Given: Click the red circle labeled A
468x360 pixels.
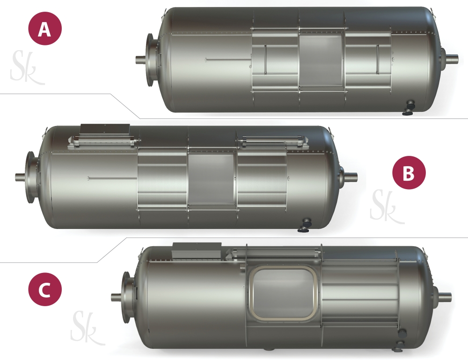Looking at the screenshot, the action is [x=45, y=29].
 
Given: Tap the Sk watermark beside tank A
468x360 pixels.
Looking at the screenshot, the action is [x=26, y=67].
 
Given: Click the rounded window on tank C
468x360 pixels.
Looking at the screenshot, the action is [x=284, y=294].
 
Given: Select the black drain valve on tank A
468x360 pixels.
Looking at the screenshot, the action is [x=409, y=108].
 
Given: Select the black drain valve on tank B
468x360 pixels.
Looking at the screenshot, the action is [x=305, y=225].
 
